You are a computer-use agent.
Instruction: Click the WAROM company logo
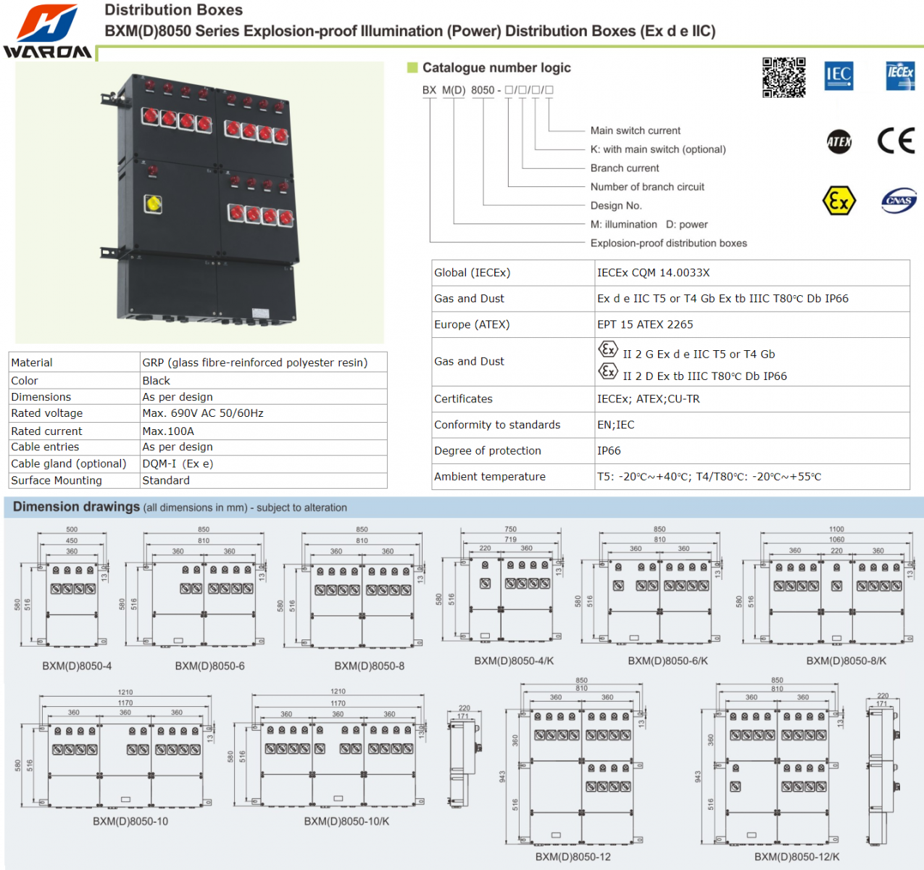pos(47,30)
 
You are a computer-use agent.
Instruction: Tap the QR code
pos(783,77)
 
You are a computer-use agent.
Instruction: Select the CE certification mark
pos(896,140)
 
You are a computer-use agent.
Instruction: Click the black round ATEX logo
pos(839,141)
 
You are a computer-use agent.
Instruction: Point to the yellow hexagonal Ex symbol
pos(839,201)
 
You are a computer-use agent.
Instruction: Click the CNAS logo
pos(899,201)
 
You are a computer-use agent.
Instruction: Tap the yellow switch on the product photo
pos(153,204)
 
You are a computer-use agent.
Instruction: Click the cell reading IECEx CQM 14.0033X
pos(653,273)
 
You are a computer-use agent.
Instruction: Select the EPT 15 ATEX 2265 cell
pos(645,324)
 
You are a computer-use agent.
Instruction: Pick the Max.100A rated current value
pos(168,431)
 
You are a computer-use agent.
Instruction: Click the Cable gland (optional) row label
pos(69,463)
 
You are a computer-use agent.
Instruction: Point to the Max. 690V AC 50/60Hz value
pos(203,413)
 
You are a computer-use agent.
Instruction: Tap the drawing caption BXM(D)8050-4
pos(77,666)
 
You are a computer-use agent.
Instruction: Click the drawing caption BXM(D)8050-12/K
pos(796,856)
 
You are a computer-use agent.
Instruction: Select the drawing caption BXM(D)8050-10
pos(130,821)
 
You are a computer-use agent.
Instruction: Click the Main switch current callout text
pos(635,130)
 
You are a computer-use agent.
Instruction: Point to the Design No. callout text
pos(616,206)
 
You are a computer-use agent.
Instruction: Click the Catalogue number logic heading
pos(496,67)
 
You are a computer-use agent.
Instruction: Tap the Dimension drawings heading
pos(76,507)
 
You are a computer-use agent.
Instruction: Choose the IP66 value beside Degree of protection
pos(609,450)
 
